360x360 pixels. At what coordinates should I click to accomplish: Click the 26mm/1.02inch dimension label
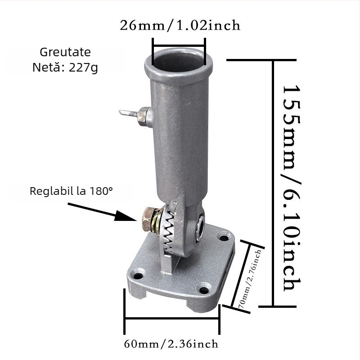point(180,25)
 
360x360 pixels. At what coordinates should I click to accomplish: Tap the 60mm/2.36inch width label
point(171,344)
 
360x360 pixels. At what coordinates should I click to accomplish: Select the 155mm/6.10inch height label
point(292,188)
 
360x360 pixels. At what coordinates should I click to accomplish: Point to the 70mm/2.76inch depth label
point(250,279)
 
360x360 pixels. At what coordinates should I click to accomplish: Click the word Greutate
point(65,52)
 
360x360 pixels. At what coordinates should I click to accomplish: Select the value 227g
point(83,68)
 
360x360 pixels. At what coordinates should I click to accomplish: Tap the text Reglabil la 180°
point(72,191)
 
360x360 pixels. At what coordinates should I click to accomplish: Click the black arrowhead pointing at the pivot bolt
point(125,216)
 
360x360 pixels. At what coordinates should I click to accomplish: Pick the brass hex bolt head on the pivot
point(148,219)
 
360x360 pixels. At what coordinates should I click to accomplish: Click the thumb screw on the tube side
point(135,116)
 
